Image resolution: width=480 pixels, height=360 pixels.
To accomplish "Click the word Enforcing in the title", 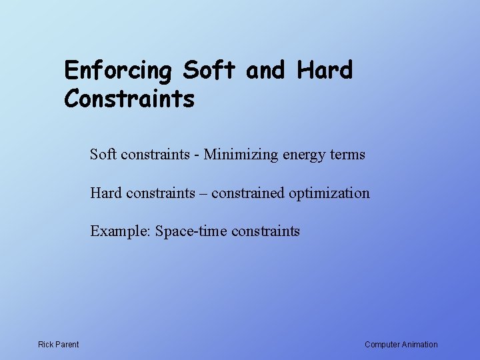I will [x=118, y=71].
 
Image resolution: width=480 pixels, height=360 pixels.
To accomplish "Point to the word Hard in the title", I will [x=325, y=69].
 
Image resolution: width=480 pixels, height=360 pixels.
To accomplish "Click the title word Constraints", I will [x=129, y=99].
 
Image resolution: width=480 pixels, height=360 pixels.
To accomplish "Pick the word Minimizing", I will [x=241, y=155].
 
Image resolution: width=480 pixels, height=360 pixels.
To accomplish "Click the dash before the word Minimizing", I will [x=197, y=155].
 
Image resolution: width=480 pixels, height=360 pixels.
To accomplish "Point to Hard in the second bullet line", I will [x=106, y=193].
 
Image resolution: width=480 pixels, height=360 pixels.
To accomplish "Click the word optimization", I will [x=329, y=194].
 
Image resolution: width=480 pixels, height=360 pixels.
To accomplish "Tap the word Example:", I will [x=121, y=232].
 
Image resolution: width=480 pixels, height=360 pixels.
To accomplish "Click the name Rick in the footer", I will [x=46, y=345].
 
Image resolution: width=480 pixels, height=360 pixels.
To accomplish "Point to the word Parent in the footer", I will [x=67, y=345].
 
